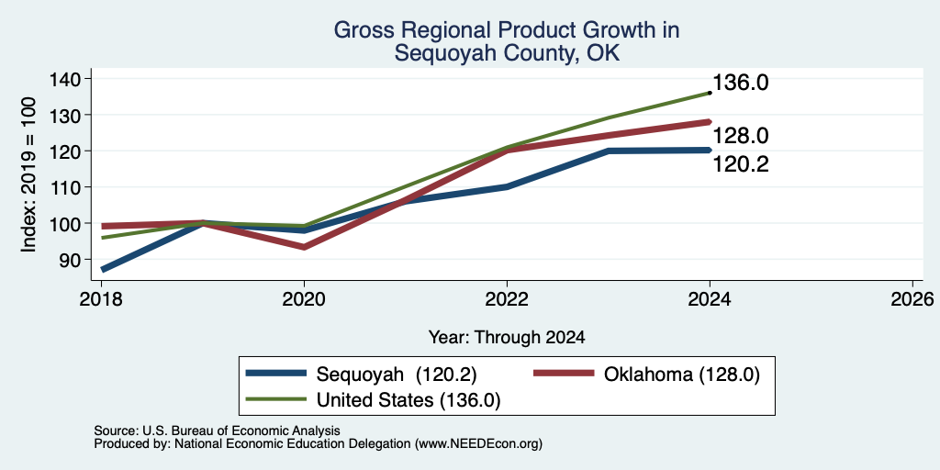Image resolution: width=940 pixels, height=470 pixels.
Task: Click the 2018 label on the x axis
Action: pos(102,298)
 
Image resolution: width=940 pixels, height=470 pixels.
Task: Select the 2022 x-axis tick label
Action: pos(507,298)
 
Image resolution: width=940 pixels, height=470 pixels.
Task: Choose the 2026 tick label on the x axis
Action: pos(912,298)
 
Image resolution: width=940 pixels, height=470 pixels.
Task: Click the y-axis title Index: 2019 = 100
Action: pos(28,174)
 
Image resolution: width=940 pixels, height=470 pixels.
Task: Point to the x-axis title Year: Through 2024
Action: pos(507,338)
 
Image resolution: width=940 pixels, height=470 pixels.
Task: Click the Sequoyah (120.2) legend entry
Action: pos(362,375)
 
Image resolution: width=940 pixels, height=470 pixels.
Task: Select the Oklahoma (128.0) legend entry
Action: pos(647,375)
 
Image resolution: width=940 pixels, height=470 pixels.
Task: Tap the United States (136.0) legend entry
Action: pos(374,400)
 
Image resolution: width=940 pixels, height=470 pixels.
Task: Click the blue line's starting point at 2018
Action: pos(103,270)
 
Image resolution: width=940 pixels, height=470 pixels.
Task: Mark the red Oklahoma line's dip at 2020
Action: pos(305,247)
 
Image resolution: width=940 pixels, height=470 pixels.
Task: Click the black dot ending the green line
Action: pos(710,93)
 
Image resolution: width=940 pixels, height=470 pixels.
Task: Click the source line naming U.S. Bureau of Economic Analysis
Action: pos(217,431)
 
